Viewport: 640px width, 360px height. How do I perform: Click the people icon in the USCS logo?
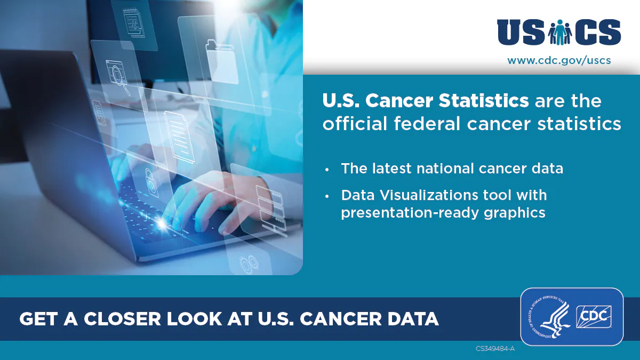coord(559,33)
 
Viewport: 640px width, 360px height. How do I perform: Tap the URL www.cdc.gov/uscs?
coord(559,60)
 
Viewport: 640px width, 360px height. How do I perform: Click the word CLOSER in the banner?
coord(119,319)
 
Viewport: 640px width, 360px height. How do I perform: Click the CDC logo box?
coord(594,318)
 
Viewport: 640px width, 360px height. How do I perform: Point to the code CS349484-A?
coord(495,349)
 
